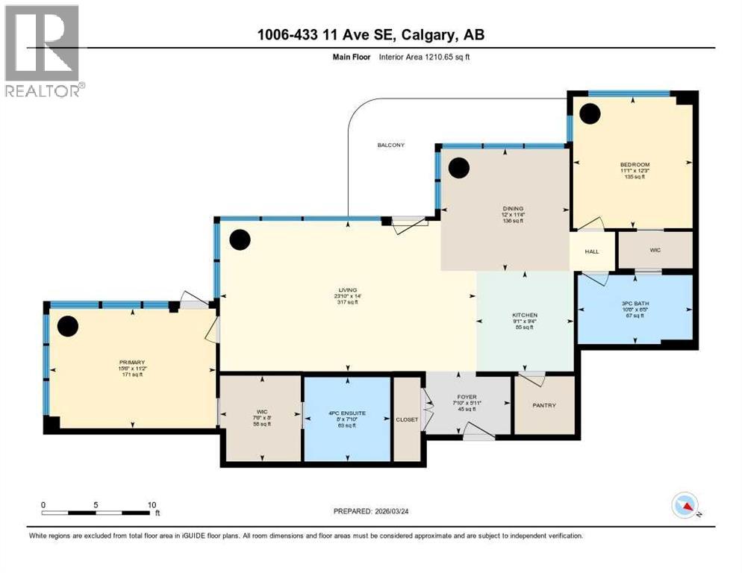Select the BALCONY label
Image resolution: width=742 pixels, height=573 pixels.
pos(390,145)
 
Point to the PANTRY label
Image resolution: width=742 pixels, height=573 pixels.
pos(545,405)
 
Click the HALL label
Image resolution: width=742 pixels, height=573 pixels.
pos(592,251)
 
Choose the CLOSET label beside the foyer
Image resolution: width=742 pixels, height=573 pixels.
pos(408,419)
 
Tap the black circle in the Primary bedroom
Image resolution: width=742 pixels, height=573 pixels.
pos(68,325)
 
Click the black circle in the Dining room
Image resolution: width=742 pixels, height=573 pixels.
pos(459,168)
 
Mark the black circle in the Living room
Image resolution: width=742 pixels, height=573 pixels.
pos(240,239)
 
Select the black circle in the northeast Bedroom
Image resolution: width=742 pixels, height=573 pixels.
pos(590,113)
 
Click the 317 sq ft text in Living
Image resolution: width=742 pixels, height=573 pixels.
pos(346,302)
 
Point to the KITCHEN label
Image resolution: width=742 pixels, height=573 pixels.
pos(525,315)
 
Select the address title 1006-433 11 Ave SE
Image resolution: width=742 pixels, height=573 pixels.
pos(370,35)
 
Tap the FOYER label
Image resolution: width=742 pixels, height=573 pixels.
pos(468,398)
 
